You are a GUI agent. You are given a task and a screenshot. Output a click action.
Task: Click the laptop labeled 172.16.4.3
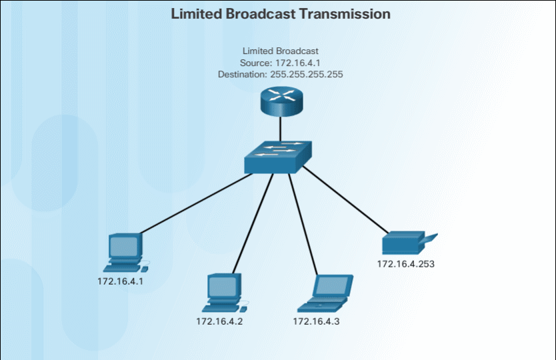click(x=326, y=293)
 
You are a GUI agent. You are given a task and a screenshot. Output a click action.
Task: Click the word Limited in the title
click(x=196, y=13)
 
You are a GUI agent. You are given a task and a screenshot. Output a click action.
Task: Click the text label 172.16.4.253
click(x=405, y=264)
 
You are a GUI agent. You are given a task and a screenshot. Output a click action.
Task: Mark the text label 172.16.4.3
click(x=317, y=321)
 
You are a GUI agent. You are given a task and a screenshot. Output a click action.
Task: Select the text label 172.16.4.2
click(x=219, y=321)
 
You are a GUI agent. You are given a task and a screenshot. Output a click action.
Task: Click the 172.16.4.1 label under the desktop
click(x=121, y=281)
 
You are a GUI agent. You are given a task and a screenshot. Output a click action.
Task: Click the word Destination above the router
click(x=243, y=75)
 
